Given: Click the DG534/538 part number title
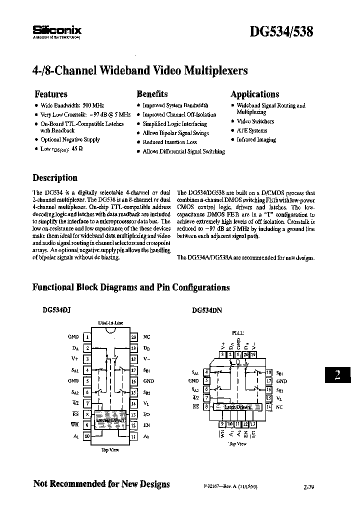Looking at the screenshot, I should coord(281,31).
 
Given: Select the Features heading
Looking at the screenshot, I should coord(50,94).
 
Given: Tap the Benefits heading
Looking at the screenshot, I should coord(152,94).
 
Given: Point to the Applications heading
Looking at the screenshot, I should coord(254,94).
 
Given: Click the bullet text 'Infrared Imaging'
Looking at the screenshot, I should coord(256,140).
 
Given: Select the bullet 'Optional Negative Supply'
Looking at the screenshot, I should coord(70,140).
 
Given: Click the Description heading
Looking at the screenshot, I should coord(55,178).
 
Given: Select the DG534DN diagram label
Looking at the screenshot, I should coord(206,310).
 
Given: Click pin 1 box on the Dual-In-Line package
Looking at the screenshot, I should coord(87,337).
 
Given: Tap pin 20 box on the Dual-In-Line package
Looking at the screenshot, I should coord(133,337).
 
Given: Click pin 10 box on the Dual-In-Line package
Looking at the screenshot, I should coord(87,436).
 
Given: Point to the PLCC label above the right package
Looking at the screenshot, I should coord(238,332).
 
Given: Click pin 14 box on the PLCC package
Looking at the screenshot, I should coord(269,406).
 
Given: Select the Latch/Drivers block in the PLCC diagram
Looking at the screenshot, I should coord(237,407).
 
